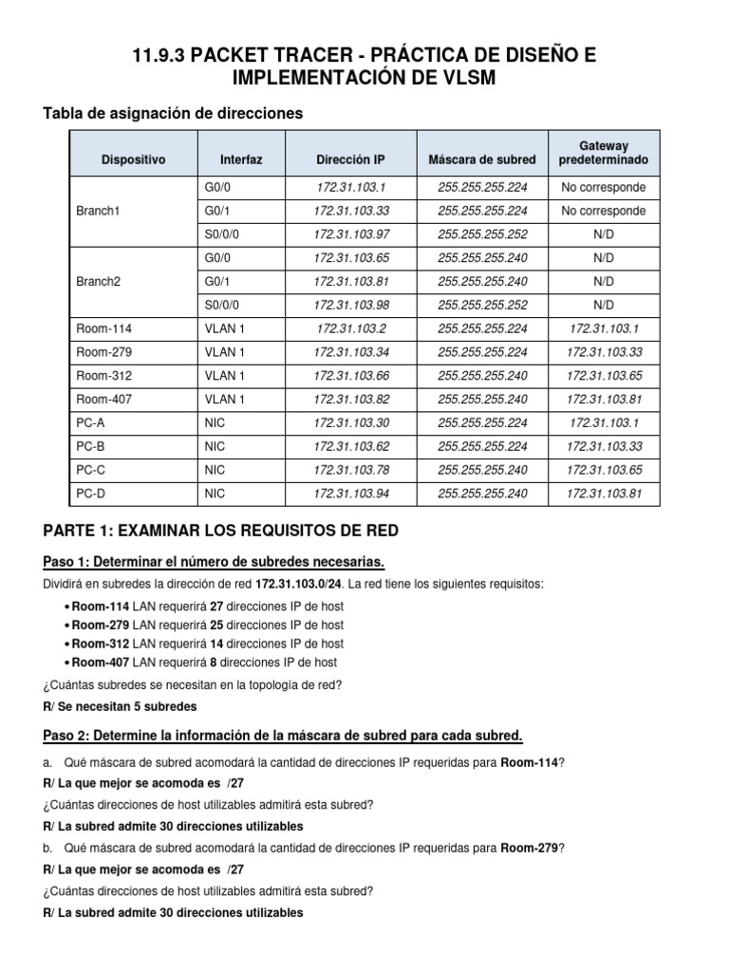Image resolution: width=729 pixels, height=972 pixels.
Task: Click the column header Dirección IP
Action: [x=351, y=159]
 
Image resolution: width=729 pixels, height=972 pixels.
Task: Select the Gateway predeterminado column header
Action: [x=606, y=153]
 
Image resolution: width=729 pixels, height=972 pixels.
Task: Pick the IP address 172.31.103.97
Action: [x=351, y=234]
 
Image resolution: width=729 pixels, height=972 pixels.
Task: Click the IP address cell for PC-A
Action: [x=351, y=421]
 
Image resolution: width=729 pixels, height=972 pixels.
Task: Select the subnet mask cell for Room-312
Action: [x=481, y=375]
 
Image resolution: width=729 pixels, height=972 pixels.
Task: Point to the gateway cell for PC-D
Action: [x=606, y=493]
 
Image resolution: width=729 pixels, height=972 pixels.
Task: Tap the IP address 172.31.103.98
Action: [x=351, y=305]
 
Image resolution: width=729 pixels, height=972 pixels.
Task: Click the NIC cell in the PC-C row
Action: [x=214, y=469]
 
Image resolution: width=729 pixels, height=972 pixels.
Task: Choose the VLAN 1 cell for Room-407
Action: [x=220, y=399]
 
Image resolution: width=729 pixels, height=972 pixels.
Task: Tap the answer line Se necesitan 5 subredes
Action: [x=120, y=707]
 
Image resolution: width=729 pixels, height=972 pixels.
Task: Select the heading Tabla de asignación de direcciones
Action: [x=173, y=114]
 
